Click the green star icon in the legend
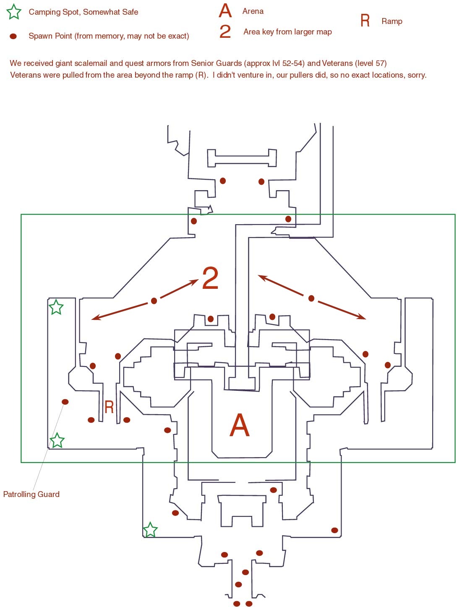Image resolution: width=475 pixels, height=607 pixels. click(14, 12)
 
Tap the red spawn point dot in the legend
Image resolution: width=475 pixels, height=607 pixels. click(13, 36)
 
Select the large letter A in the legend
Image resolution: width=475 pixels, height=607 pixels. click(225, 11)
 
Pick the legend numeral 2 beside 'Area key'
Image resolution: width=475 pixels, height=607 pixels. click(225, 31)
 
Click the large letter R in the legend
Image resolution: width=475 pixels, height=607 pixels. click(365, 21)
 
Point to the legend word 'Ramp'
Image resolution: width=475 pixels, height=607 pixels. click(392, 21)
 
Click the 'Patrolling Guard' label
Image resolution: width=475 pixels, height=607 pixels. click(31, 494)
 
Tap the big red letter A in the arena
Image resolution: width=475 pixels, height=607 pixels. click(239, 425)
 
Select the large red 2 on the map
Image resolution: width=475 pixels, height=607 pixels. click(210, 278)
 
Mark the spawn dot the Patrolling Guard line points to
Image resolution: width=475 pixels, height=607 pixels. click(65, 402)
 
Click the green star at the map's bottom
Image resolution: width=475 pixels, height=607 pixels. click(150, 530)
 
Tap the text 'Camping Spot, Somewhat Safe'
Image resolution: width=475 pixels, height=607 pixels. click(84, 12)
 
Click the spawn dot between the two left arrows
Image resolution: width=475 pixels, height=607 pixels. click(154, 301)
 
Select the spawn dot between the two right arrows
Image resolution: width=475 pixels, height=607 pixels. click(311, 298)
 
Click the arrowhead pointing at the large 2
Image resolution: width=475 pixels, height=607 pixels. click(195, 282)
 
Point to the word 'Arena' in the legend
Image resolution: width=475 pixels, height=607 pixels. click(253, 11)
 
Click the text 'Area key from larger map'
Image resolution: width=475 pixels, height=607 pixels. click(287, 32)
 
